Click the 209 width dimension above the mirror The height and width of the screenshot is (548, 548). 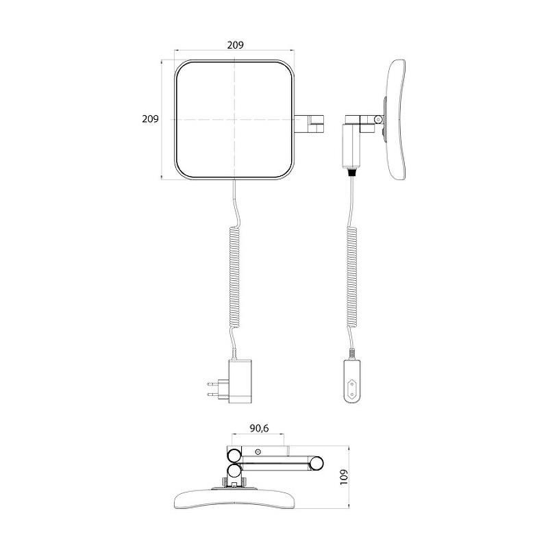point(235,45)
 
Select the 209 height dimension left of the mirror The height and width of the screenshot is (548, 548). point(150,119)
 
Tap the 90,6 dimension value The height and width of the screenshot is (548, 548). point(259,428)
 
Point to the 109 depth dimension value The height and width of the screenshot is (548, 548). point(344,477)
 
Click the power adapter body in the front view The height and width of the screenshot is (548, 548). point(240,381)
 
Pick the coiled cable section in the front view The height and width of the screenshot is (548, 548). point(235,277)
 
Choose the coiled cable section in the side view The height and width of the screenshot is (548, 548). point(352,277)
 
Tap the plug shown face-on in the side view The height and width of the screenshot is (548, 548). point(352,382)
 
